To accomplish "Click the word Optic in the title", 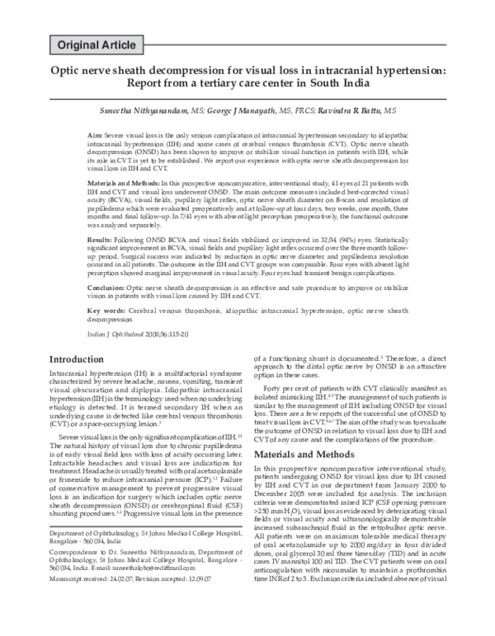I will tap(67, 71).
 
